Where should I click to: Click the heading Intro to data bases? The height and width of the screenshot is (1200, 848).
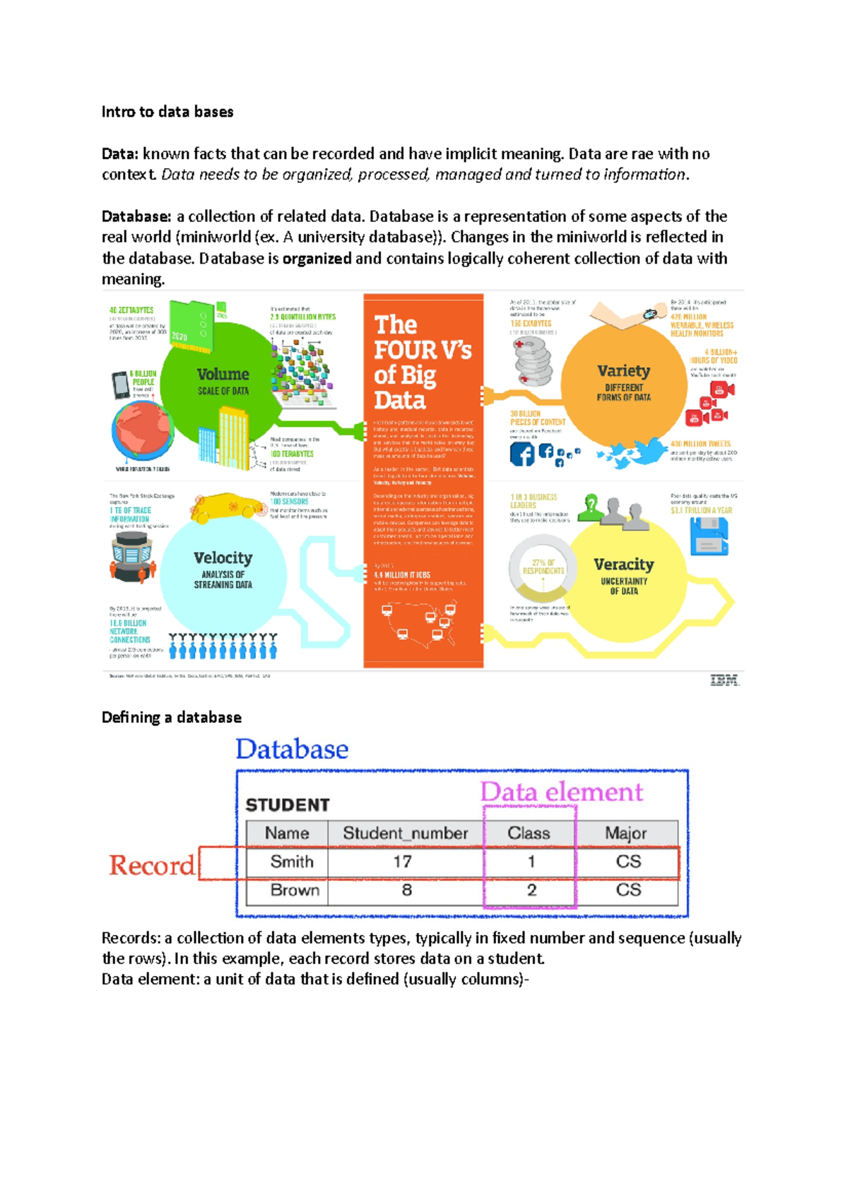167,112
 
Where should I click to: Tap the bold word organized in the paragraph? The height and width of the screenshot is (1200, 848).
317,258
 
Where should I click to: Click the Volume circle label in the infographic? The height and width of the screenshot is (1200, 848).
223,375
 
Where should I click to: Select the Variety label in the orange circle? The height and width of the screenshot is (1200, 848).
623,371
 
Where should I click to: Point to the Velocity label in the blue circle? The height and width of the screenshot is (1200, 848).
223,558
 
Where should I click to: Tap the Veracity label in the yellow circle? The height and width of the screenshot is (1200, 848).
623,565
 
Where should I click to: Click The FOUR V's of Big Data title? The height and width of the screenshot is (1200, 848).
421,363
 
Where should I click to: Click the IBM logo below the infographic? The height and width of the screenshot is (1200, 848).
724,681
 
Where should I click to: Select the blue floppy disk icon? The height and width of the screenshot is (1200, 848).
709,536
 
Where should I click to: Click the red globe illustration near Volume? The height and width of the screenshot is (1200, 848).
143,432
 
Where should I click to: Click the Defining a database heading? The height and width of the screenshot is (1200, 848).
172,717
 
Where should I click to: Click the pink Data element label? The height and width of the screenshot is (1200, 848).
562,792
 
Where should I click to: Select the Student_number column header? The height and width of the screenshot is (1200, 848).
405,833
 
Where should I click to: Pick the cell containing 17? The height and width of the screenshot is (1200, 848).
403,861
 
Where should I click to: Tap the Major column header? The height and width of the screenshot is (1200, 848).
625,833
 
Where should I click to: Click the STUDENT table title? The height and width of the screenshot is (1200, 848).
288,805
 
